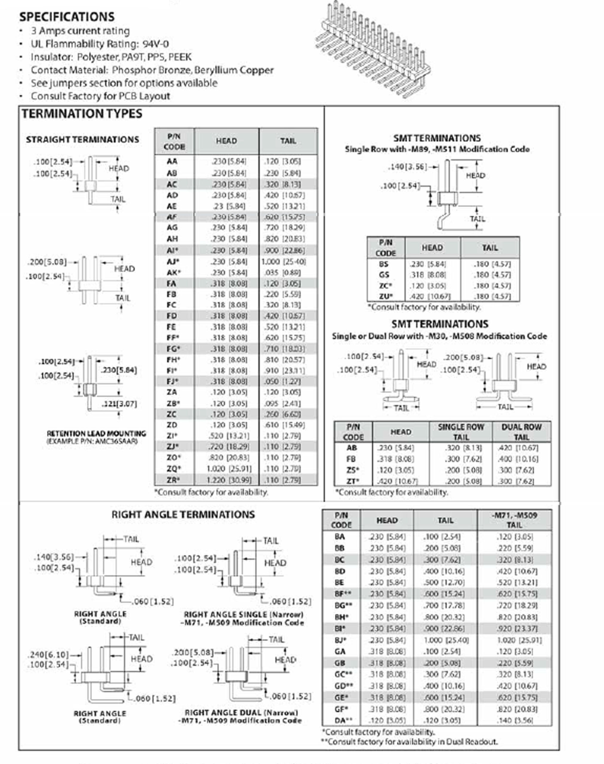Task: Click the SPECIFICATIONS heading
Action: [67, 17]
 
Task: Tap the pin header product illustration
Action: [373, 50]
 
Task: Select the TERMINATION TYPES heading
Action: [82, 114]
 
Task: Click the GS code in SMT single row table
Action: [384, 275]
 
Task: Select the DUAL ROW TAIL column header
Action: [521, 432]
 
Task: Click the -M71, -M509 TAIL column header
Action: [514, 520]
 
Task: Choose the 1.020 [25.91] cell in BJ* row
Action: [519, 640]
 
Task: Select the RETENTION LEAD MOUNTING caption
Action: [96, 434]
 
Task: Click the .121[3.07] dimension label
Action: [119, 403]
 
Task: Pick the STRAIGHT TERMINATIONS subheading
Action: [82, 140]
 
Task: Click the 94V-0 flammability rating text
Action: [156, 44]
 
